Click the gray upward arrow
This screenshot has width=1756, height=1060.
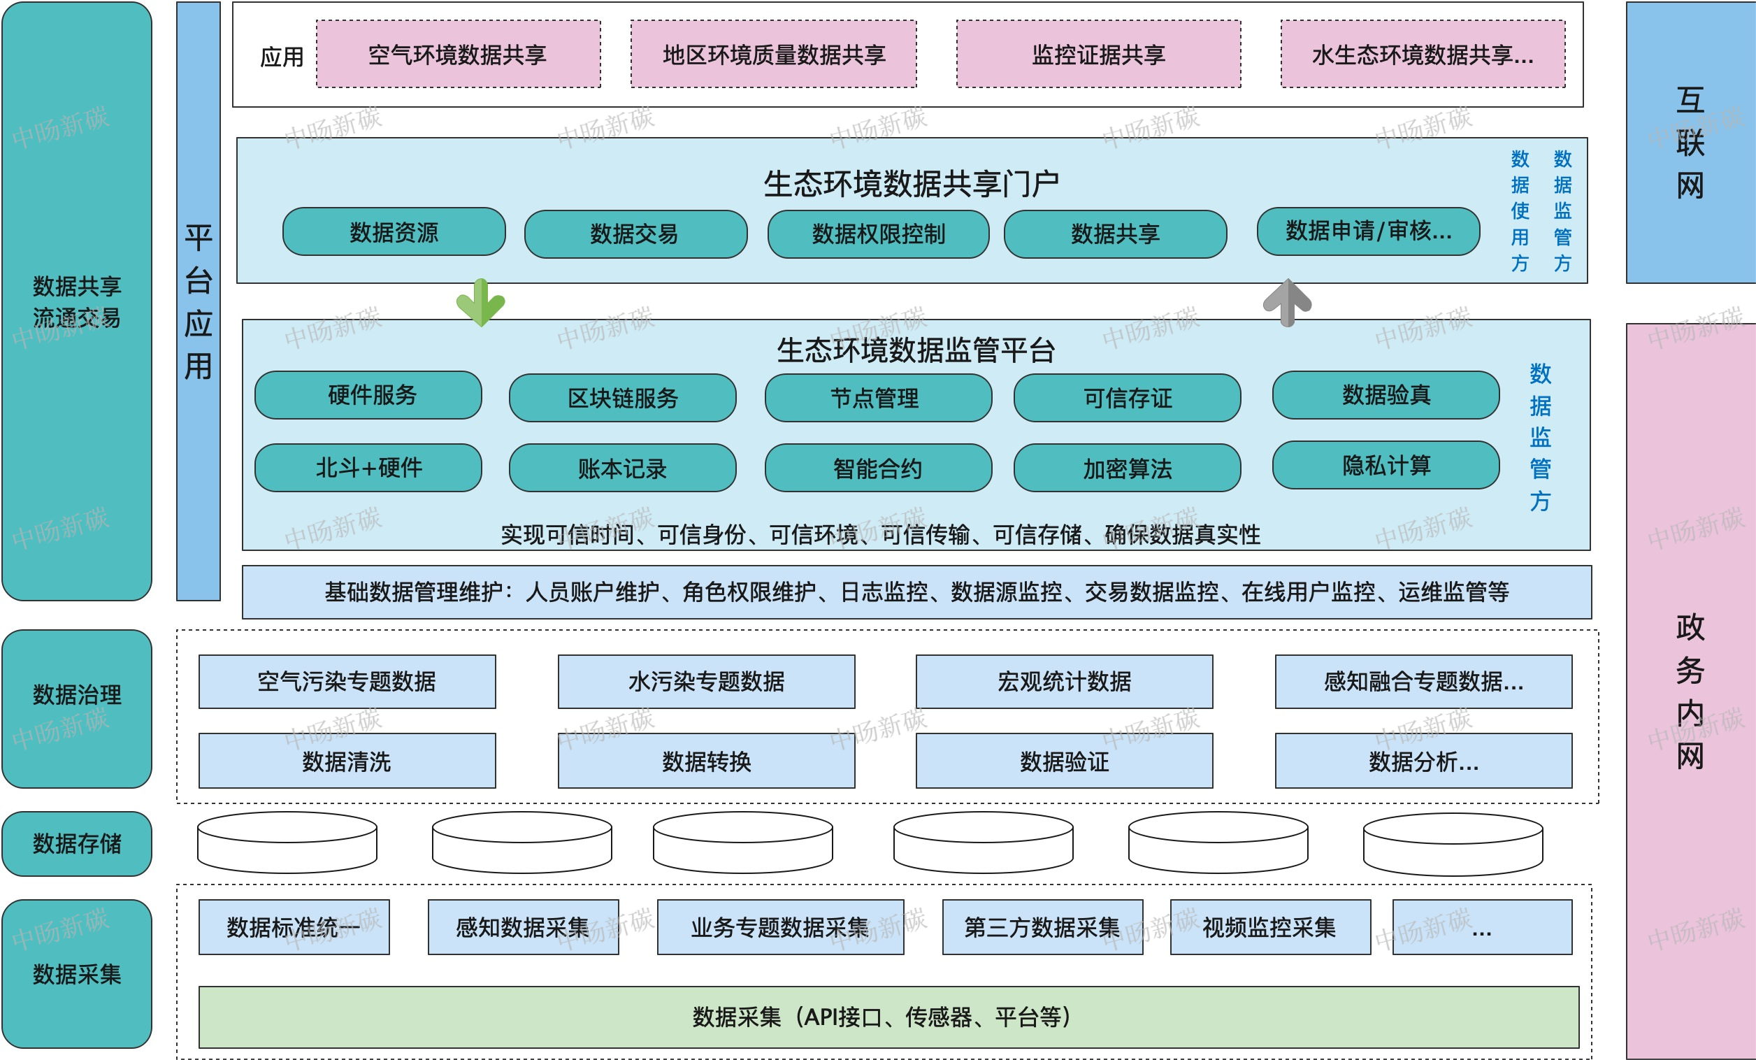pyautogui.click(x=1287, y=302)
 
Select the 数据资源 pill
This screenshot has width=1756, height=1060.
pyautogui.click(x=394, y=231)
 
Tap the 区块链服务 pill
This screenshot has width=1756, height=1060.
pyautogui.click(x=623, y=398)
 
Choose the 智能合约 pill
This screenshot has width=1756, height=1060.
pyautogui.click(x=878, y=468)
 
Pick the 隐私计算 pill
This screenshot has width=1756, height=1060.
pyautogui.click(x=1386, y=466)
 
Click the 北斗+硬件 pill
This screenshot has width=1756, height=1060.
pyautogui.click(x=368, y=468)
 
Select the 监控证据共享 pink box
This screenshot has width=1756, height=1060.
pyautogui.click(x=1098, y=54)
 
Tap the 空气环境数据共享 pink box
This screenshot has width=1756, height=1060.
pyautogui.click(x=459, y=54)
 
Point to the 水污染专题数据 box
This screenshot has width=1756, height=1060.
pyautogui.click(x=706, y=682)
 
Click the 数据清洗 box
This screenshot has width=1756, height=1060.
pyautogui.click(x=347, y=761)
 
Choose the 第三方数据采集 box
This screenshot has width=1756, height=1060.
pyautogui.click(x=1042, y=926)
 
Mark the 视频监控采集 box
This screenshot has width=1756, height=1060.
pyautogui.click(x=1269, y=926)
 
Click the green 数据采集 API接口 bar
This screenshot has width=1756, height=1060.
pyautogui.click(x=888, y=1017)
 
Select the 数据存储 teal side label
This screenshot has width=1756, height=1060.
pyautogui.click(x=77, y=843)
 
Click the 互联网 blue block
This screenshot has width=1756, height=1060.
pyautogui.click(x=1690, y=143)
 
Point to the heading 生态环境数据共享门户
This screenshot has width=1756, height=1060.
pyautogui.click(x=911, y=184)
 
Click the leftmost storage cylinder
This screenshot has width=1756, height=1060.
pyautogui.click(x=287, y=843)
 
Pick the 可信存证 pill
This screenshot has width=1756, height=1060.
pyautogui.click(x=1127, y=398)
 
